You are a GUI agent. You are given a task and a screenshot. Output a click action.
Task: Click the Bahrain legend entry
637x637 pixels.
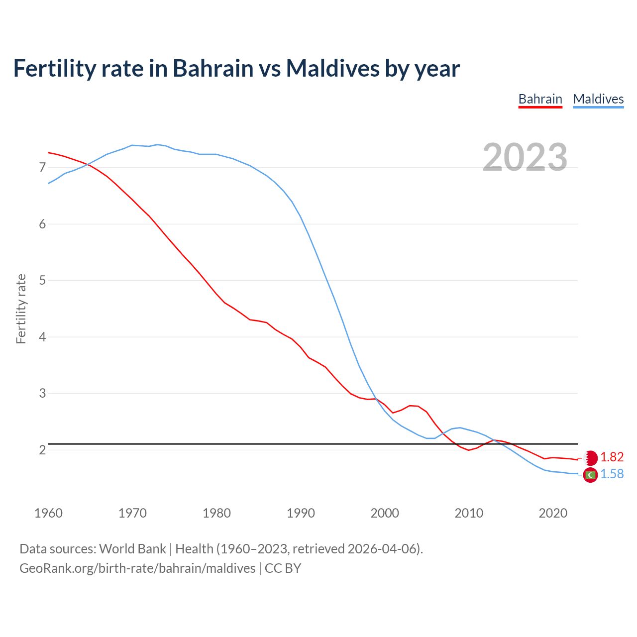[x=540, y=99]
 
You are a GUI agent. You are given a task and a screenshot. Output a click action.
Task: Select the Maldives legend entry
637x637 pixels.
[x=598, y=99]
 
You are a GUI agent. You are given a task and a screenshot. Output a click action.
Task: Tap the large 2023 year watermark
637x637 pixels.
[x=525, y=157]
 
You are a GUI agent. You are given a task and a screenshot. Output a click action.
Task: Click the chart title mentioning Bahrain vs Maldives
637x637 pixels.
[x=236, y=68]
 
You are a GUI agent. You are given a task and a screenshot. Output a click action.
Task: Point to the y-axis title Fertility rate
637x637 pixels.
[x=21, y=309]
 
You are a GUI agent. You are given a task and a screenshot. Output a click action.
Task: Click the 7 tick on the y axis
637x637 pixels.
[x=42, y=168]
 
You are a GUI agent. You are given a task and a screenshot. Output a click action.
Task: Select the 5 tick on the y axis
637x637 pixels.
[x=42, y=281]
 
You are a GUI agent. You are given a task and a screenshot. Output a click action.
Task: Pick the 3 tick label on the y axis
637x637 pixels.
[x=42, y=394]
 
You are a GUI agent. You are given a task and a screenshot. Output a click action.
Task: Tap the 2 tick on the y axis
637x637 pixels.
[x=42, y=450]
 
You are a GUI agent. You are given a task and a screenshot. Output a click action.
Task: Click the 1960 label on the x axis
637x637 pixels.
[x=48, y=513]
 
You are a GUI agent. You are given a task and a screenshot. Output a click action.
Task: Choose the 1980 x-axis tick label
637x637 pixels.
[x=216, y=513]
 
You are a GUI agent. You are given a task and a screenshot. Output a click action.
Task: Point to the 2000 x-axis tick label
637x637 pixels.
[x=385, y=513]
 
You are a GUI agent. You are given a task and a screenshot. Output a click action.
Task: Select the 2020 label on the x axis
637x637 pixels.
[x=553, y=513]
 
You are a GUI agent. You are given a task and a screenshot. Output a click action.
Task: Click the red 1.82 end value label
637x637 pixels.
[x=612, y=457]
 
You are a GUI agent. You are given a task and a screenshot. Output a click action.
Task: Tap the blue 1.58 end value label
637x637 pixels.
[x=612, y=474]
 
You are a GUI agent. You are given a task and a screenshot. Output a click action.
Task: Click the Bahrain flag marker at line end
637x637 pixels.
[x=590, y=458]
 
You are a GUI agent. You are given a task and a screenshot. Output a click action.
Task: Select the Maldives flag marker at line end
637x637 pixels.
[x=590, y=475]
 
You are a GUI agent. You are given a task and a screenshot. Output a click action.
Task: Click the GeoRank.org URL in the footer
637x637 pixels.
[x=137, y=568]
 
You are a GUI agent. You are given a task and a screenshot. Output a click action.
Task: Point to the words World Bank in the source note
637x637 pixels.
[x=132, y=549]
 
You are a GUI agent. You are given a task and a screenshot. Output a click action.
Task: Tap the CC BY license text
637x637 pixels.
[x=283, y=568]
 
